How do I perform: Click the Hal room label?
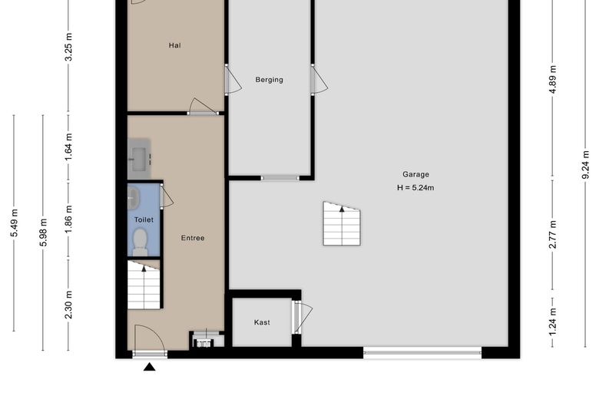pos(174,45)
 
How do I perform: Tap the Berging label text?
pos(270,80)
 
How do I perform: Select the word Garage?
pos(415,174)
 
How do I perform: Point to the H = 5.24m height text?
pos(415,188)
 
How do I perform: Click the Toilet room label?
pos(144,220)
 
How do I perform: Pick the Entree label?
pos(193,239)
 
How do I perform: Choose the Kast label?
pos(262,322)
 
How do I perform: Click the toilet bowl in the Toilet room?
pos(141,242)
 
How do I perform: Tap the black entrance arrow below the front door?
pos(150,367)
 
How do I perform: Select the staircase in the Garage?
pos(342,224)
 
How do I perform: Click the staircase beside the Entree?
pos(144,285)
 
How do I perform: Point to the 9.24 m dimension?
pos(585,165)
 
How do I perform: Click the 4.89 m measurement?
pos(553,80)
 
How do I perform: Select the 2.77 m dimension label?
pos(553,235)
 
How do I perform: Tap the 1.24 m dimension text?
pos(553,322)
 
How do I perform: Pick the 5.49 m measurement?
pos(14,223)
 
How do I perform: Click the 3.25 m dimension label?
pos(68,47)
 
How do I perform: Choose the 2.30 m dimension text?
pos(68,305)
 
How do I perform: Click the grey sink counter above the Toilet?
pos(139,159)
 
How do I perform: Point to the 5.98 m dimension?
pos(43,232)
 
